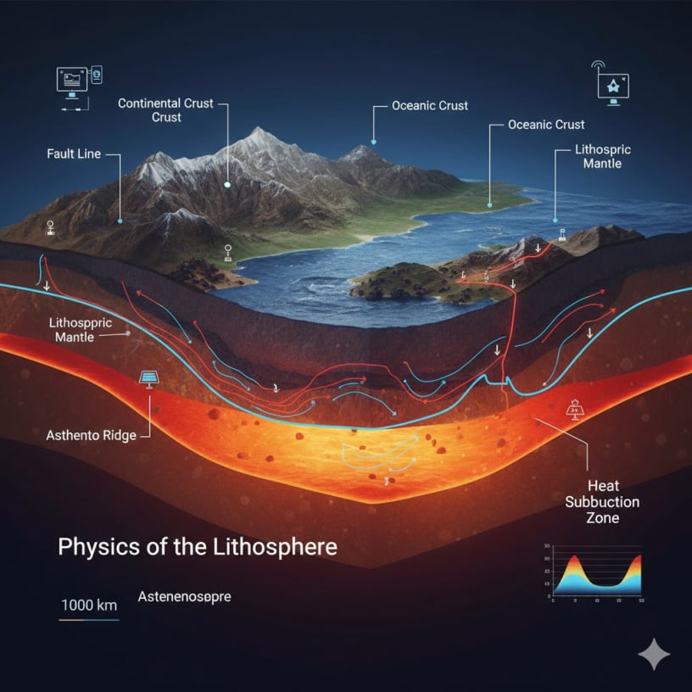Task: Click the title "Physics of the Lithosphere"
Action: click(197, 546)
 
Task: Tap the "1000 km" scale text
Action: click(89, 605)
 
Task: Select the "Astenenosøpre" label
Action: click(184, 597)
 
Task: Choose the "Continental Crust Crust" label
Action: click(166, 110)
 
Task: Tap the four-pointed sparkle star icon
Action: click(654, 654)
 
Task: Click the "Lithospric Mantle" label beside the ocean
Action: click(602, 156)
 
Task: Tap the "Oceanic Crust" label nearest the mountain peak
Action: click(430, 106)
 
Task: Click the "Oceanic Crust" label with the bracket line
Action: click(546, 125)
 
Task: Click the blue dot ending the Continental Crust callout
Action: click(227, 183)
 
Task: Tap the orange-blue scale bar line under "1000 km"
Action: click(89, 620)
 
